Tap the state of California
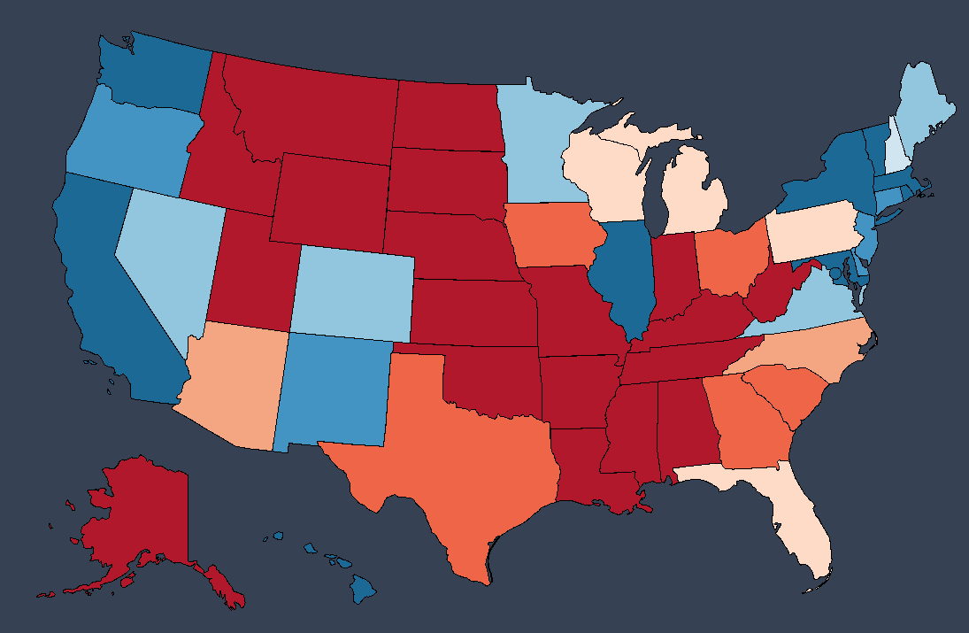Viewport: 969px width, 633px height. pos(106,292)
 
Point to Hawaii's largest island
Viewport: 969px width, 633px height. pos(364,588)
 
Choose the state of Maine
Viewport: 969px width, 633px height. pos(925,106)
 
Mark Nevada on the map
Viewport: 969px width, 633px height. pos(168,257)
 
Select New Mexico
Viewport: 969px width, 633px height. pos(332,390)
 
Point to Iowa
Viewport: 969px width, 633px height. pos(553,235)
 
